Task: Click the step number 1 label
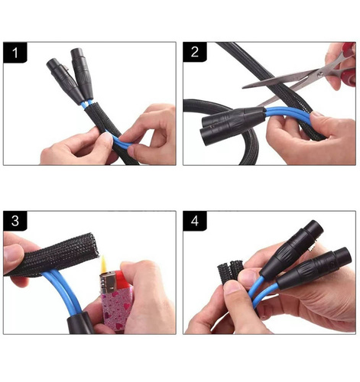pos(15,55)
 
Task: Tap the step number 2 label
pos(196,55)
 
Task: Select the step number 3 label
pos(15,223)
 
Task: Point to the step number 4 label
pos(196,223)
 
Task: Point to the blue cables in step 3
pos(61,298)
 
